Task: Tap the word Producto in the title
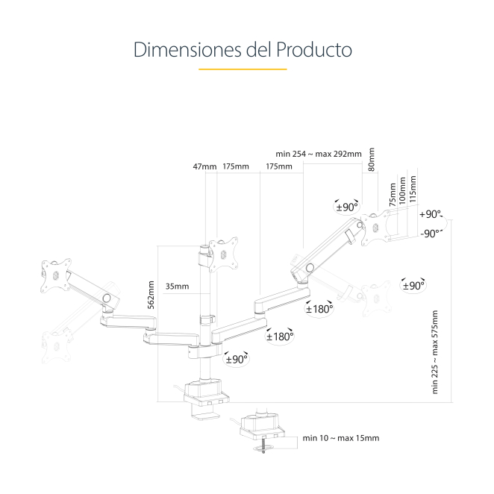pyautogui.click(x=314, y=50)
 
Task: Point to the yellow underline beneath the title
pyautogui.click(x=243, y=69)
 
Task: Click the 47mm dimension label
pyautogui.click(x=204, y=166)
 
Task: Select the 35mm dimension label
pyautogui.click(x=177, y=286)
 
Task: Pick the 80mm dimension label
pyautogui.click(x=372, y=159)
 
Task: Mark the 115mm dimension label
pyautogui.click(x=413, y=187)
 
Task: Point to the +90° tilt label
pyautogui.click(x=431, y=213)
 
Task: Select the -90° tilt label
pyautogui.click(x=431, y=233)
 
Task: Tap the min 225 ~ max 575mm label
pyautogui.click(x=437, y=351)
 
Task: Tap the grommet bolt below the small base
pyautogui.click(x=263, y=450)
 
